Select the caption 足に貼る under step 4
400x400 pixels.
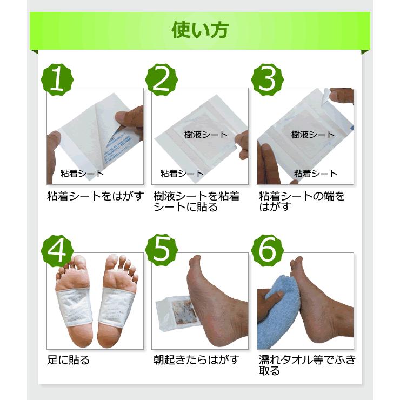click(68, 360)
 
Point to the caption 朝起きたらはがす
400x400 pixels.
click(196, 360)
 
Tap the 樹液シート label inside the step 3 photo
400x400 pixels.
click(312, 134)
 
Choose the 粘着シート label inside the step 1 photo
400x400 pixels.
click(82, 174)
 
